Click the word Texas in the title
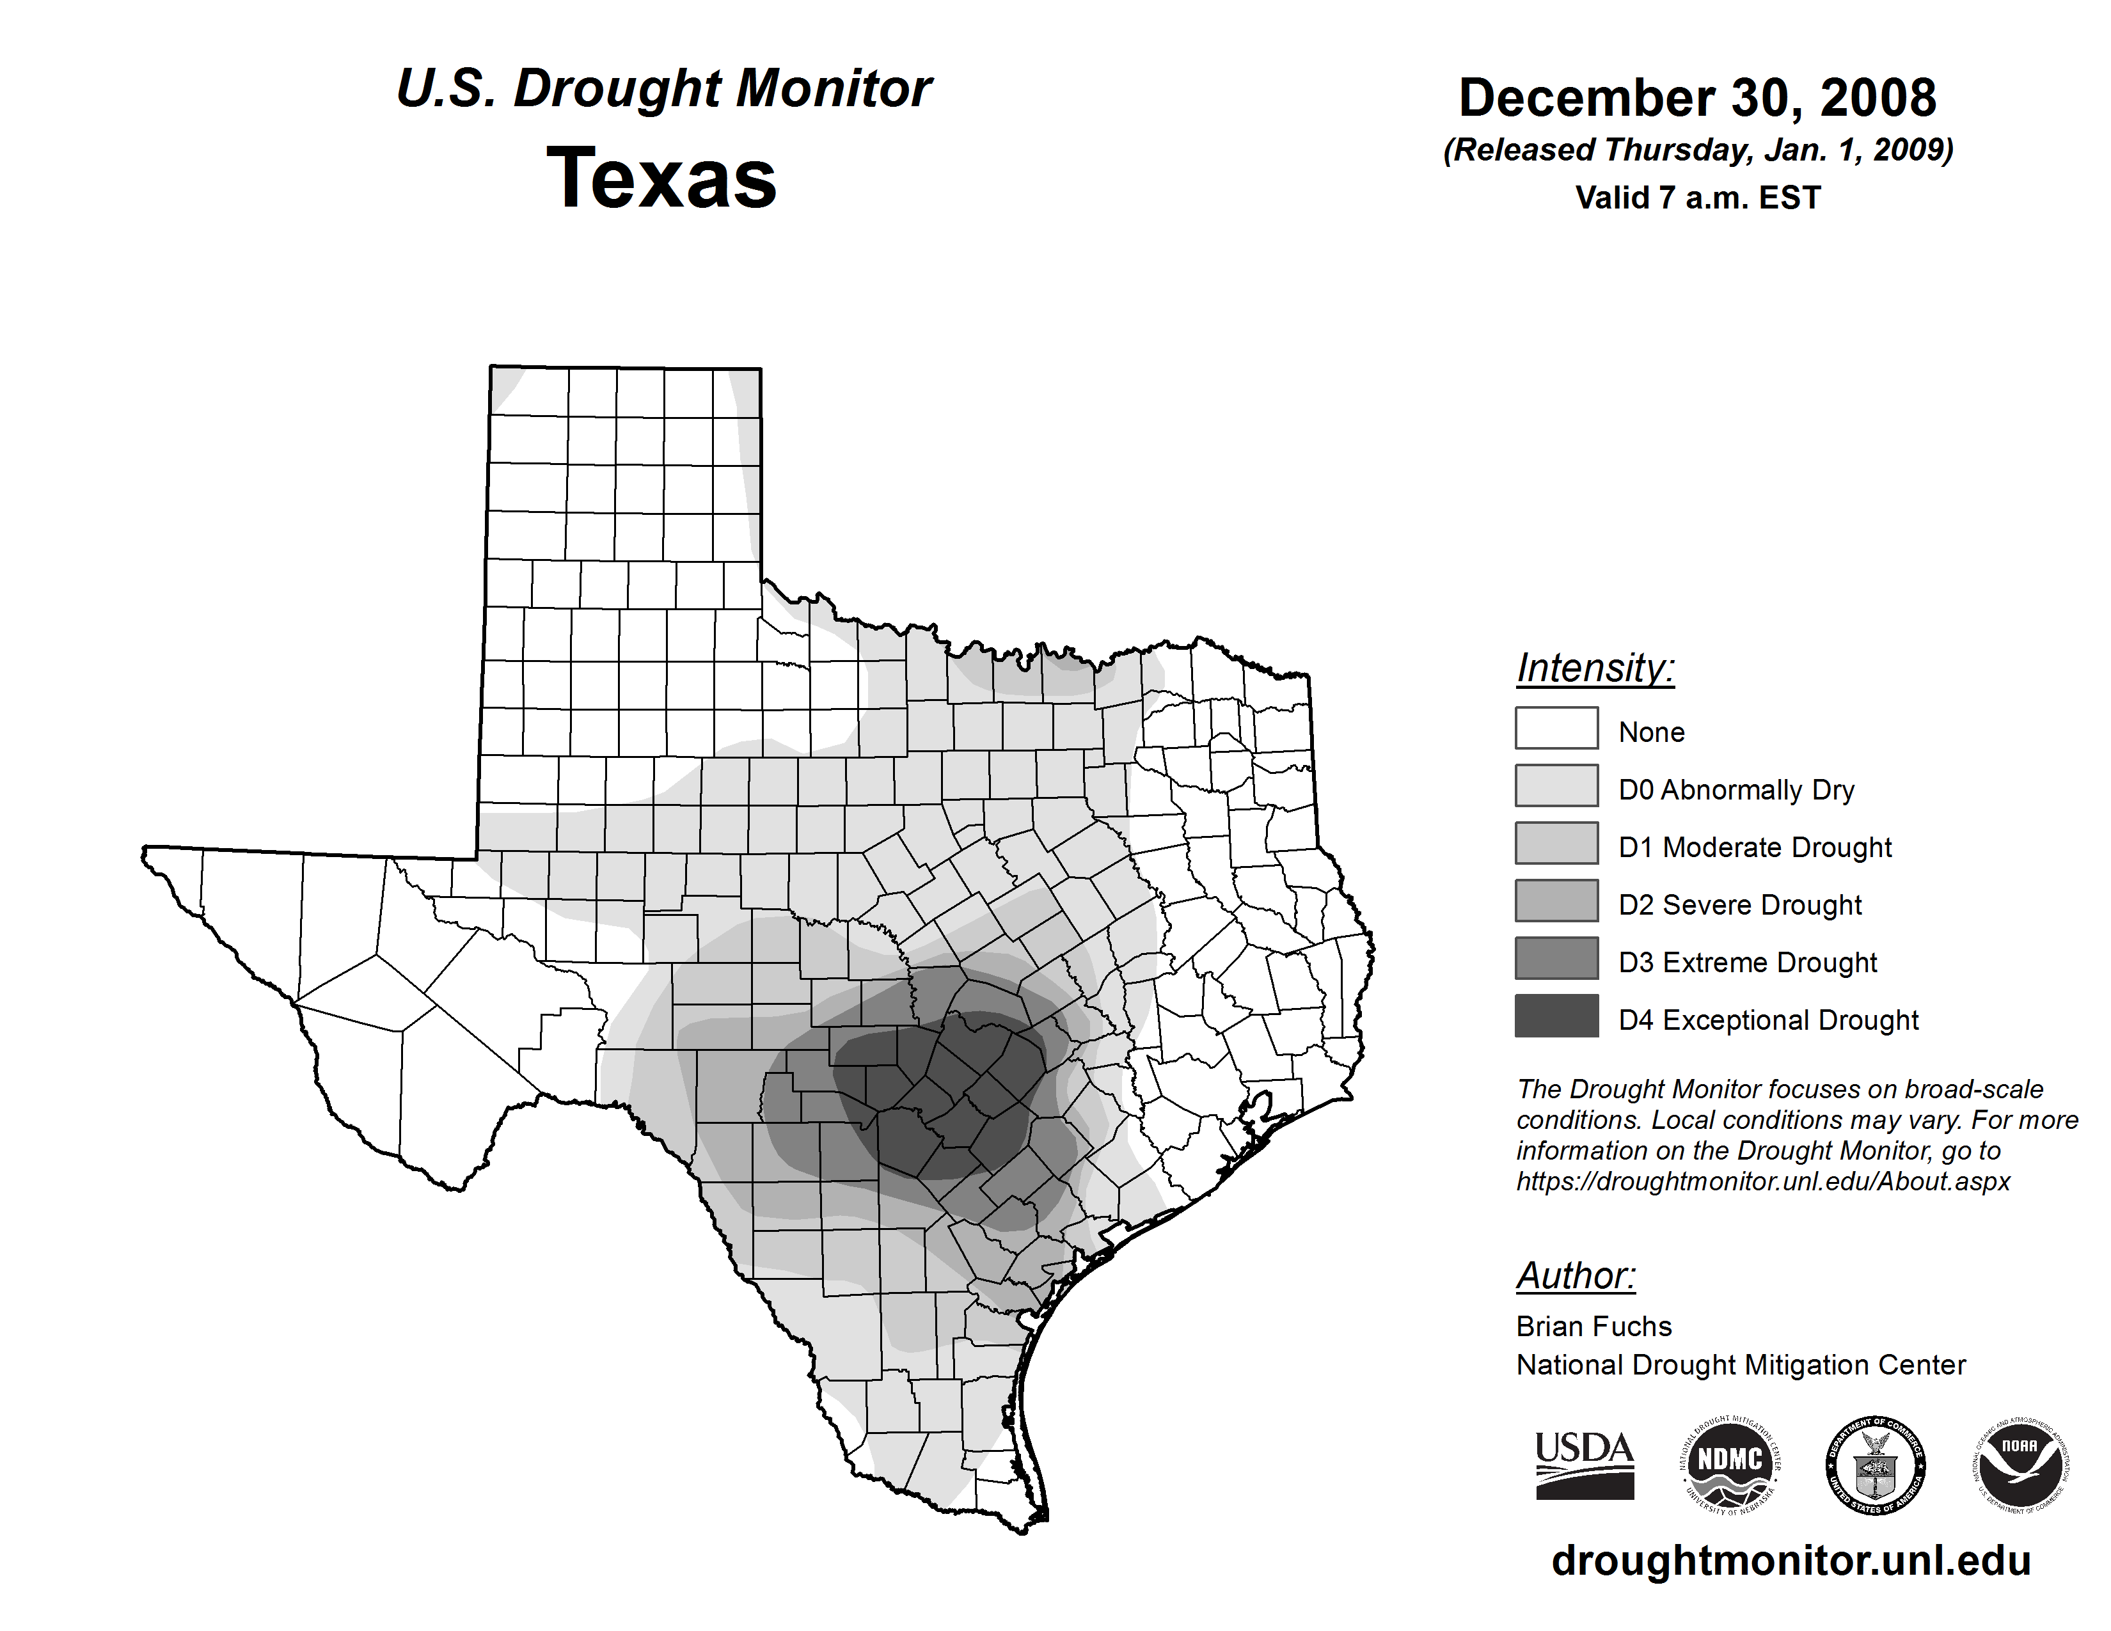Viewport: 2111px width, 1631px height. pyautogui.click(x=661, y=178)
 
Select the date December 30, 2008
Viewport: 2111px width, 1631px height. pyautogui.click(x=1697, y=98)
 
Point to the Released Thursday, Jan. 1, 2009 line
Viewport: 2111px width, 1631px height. pyautogui.click(x=1697, y=150)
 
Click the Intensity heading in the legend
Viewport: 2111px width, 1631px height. pyautogui.click(x=1595, y=668)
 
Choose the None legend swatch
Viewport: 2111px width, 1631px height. pyautogui.click(x=1556, y=728)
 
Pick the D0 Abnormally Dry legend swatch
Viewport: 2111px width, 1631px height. pyautogui.click(x=1556, y=785)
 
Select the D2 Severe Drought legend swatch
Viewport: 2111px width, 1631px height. pyautogui.click(x=1556, y=901)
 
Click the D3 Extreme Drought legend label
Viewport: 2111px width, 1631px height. pyautogui.click(x=1748, y=963)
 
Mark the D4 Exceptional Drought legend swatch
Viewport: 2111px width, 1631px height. pyautogui.click(x=1556, y=1016)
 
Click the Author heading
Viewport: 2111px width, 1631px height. pyautogui.click(x=1576, y=1275)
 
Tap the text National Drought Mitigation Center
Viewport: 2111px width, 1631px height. pyautogui.click(x=1741, y=1366)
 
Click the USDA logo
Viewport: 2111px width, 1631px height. pyautogui.click(x=1585, y=1465)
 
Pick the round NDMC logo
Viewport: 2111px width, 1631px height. pyautogui.click(x=1730, y=1465)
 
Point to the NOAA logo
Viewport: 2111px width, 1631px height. pyautogui.click(x=2021, y=1465)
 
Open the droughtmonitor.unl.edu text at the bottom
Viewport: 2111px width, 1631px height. pyautogui.click(x=1791, y=1561)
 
